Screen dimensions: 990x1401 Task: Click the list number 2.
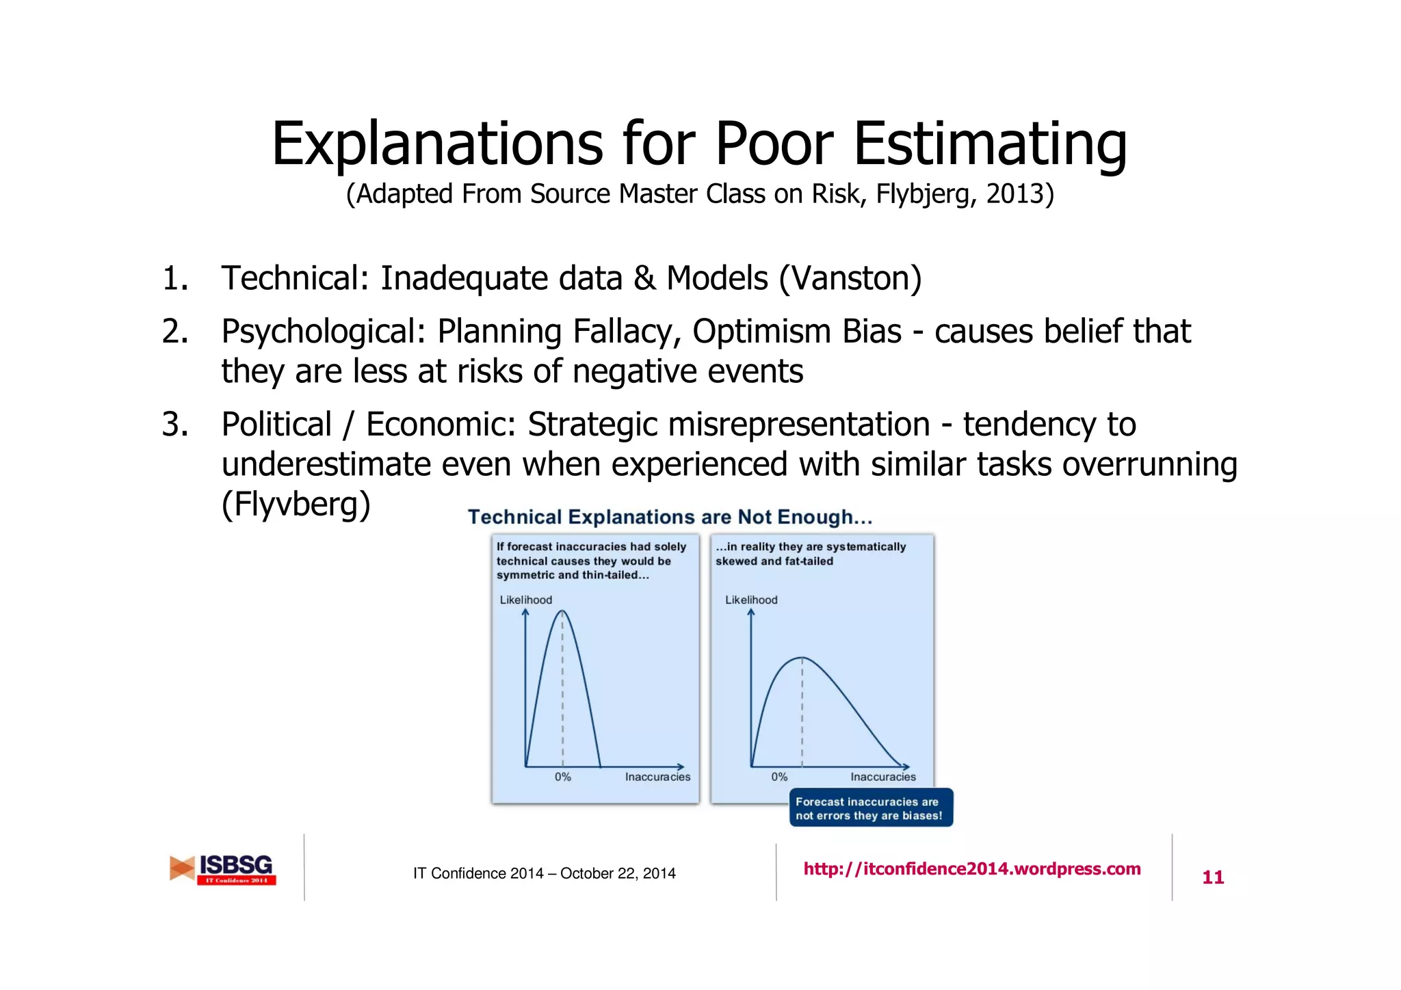tap(174, 332)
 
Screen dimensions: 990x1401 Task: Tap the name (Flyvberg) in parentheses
tap(296, 505)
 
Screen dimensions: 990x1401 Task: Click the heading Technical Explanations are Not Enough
tap(670, 517)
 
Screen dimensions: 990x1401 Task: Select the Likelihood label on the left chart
tap(525, 600)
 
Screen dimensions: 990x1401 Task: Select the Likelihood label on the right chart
tap(751, 600)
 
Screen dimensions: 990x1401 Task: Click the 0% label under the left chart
tap(562, 777)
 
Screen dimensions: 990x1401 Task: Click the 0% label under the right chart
tap(779, 777)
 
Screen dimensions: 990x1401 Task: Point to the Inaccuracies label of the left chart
tap(657, 777)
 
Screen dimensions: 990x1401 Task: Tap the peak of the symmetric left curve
tap(562, 611)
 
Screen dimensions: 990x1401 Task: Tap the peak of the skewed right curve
tap(801, 658)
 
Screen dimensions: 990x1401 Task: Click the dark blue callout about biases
tap(870, 808)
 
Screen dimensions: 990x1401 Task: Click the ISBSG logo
tap(224, 869)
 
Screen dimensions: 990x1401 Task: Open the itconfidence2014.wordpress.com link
tap(971, 869)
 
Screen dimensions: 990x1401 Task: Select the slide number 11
tap(1212, 877)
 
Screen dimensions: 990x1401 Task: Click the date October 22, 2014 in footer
tap(618, 873)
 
